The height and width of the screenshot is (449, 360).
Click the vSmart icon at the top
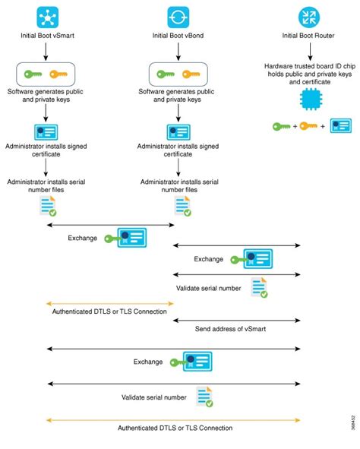pyautogui.click(x=48, y=17)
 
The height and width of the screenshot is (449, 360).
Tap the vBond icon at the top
pyautogui.click(x=178, y=17)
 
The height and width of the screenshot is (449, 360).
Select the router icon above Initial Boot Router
pyautogui.click(x=309, y=17)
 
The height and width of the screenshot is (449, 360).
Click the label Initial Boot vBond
pyautogui.click(x=178, y=36)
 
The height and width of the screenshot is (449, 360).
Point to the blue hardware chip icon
pyautogui.click(x=311, y=100)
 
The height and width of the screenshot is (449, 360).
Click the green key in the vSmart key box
pyautogui.click(x=33, y=74)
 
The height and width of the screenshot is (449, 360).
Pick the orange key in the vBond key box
pyautogui.click(x=191, y=74)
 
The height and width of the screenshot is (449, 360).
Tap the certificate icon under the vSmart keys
pyautogui.click(x=46, y=132)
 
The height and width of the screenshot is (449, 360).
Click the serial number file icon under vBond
pyautogui.click(x=183, y=206)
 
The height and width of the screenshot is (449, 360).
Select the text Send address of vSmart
pyautogui.click(x=230, y=329)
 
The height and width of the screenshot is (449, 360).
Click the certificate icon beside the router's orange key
pyautogui.click(x=341, y=126)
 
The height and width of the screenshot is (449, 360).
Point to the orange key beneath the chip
pyautogui.click(x=308, y=126)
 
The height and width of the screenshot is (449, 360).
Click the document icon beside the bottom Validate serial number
pyautogui.click(x=204, y=397)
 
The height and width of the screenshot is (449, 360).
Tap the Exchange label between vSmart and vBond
pyautogui.click(x=83, y=238)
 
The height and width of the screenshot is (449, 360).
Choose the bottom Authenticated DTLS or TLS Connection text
pyautogui.click(x=175, y=428)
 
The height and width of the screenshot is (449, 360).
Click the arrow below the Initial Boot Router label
pyautogui.click(x=310, y=52)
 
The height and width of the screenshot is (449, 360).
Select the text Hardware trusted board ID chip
pyautogui.click(x=310, y=66)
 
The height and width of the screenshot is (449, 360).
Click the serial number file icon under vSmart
pyautogui.click(x=48, y=206)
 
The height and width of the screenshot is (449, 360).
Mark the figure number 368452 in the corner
pyautogui.click(x=354, y=422)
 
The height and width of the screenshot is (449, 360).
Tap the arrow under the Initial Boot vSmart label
pyautogui.click(x=46, y=52)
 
